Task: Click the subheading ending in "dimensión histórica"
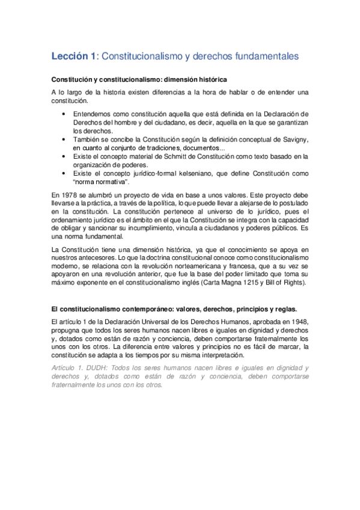139,79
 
